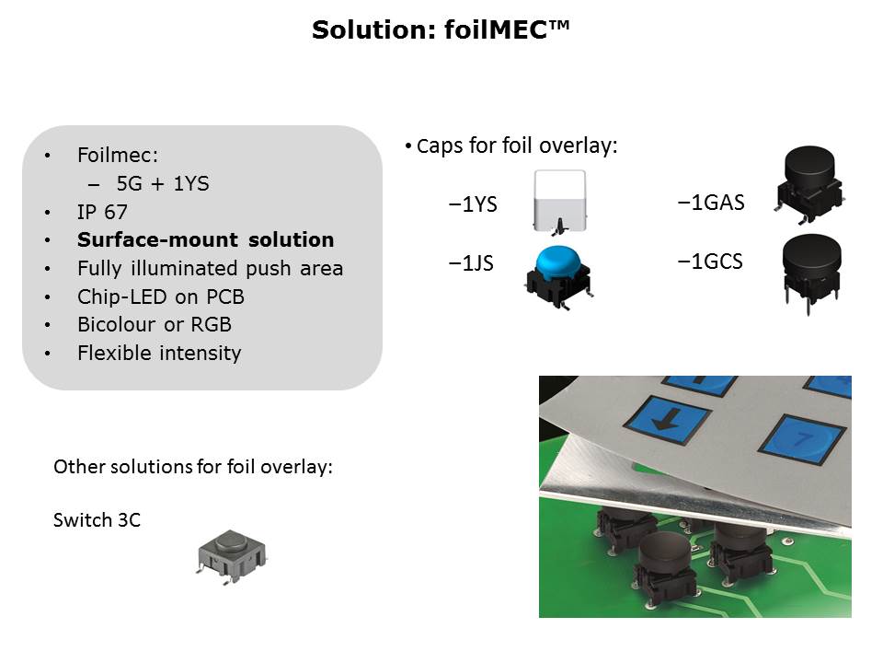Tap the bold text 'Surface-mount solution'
pos(205,239)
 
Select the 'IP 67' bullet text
pos(102,212)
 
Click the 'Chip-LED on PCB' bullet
pos(161,297)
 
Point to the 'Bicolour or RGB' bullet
pos(155,324)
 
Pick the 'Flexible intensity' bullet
pos(159,353)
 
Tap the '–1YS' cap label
pos(473,204)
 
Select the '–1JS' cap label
pos(471,263)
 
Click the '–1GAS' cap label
pos(711,203)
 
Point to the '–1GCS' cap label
pos(710,262)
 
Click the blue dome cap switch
pos(558,277)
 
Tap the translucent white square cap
pos(560,202)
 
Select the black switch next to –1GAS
pos(809,183)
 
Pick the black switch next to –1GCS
pos(811,273)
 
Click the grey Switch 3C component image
pos(232,556)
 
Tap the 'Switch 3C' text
pos(97,519)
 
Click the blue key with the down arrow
pos(668,420)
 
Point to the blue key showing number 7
pos(802,439)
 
